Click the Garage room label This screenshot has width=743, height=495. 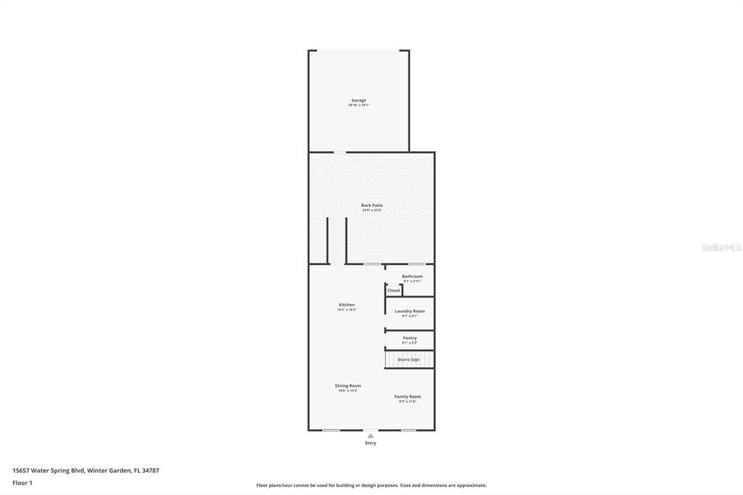click(358, 100)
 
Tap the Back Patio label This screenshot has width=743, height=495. click(371, 205)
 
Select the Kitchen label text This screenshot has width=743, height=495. click(347, 305)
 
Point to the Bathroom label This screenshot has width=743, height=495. click(412, 276)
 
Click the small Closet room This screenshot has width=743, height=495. click(393, 290)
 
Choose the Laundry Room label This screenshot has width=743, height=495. click(410, 311)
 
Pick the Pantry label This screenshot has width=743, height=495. click(410, 337)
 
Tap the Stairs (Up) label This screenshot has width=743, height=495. click(409, 359)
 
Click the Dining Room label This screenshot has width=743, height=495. click(348, 385)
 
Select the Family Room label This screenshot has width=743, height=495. click(408, 396)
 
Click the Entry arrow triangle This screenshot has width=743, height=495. click(371, 435)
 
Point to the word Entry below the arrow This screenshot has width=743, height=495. click(371, 443)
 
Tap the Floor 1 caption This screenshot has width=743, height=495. click(22, 483)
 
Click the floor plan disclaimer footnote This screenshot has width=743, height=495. click(371, 486)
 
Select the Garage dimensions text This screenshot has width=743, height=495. click(358, 105)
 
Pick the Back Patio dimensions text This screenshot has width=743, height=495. click(371, 210)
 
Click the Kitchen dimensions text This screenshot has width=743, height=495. click(347, 310)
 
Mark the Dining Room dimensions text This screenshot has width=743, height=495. click(348, 390)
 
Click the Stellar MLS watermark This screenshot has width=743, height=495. click(721, 247)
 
